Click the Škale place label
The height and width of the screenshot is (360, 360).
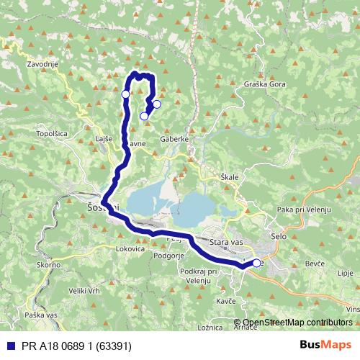[x=230, y=176]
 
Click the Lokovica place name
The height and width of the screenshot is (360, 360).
[x=130, y=248]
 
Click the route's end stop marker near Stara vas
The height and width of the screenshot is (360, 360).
[x=256, y=264]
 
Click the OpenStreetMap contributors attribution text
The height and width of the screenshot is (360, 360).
[x=297, y=323]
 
